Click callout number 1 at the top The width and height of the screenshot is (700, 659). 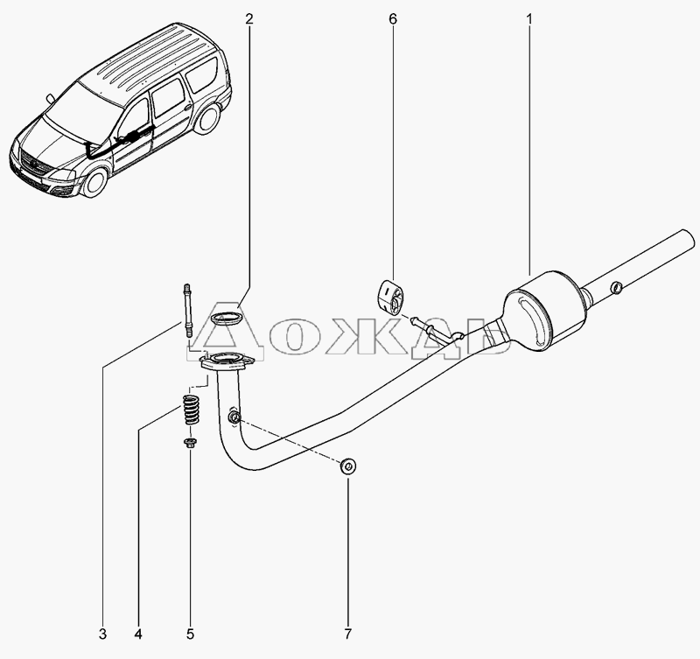point(529,19)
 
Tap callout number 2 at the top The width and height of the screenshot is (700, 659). point(248,19)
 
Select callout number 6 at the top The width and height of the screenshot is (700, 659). point(393,19)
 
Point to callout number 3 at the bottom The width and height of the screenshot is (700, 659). point(102,634)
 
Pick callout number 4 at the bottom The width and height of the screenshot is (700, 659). point(138,634)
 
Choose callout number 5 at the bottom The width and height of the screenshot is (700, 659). point(190,634)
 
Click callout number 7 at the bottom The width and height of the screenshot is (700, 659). point(347,634)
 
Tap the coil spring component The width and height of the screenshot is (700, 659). point(190,410)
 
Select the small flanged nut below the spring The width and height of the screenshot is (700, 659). point(190,443)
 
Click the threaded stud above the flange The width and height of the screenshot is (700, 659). point(187,311)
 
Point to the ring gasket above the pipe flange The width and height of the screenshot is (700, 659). point(227,319)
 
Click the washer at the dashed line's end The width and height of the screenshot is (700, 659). point(348,467)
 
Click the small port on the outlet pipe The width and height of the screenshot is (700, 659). point(616,288)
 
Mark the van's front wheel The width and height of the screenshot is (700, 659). point(95,182)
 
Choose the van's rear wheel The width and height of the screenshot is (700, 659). point(208,118)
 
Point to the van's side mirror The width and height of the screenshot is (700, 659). point(51,98)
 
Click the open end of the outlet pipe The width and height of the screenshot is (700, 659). point(689,240)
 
